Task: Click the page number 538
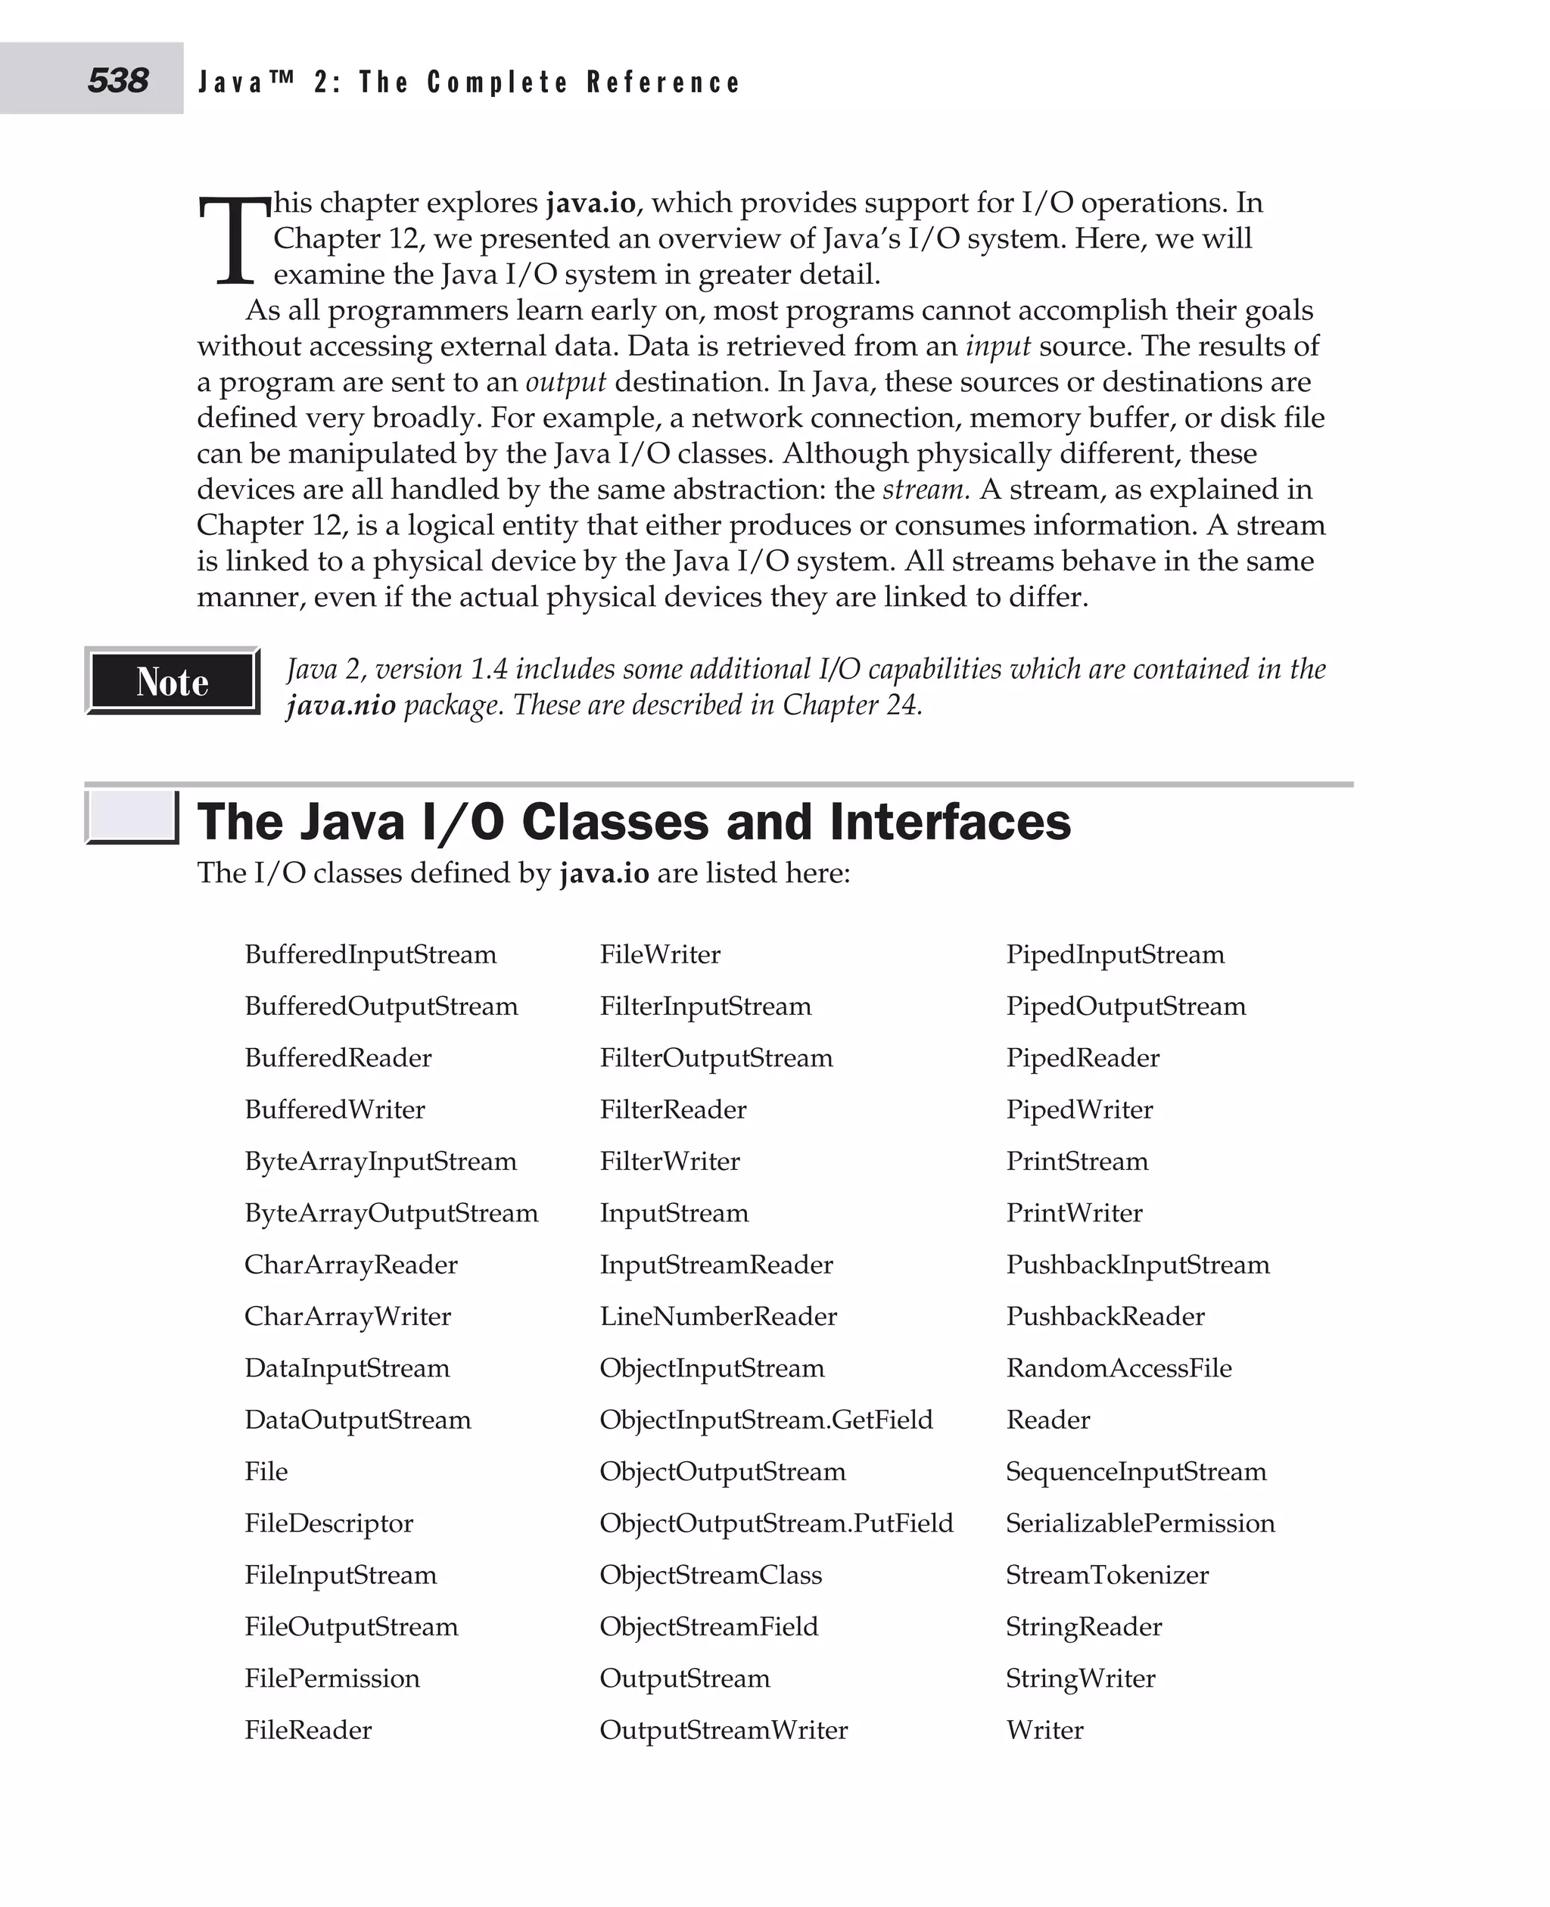[x=117, y=80]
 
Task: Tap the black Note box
[x=173, y=681]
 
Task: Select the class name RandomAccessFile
[x=1118, y=1367]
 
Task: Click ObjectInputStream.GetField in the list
[x=765, y=1419]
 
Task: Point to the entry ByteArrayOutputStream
[x=391, y=1212]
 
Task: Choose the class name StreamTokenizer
[x=1106, y=1574]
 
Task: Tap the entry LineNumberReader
[x=717, y=1316]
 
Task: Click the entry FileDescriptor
[x=328, y=1523]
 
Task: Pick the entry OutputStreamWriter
[x=724, y=1729]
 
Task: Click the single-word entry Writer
[x=1044, y=1729]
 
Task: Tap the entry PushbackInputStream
[x=1137, y=1265]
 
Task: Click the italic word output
[x=565, y=382]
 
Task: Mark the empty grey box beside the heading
[x=132, y=817]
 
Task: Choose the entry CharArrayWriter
[x=347, y=1316]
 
